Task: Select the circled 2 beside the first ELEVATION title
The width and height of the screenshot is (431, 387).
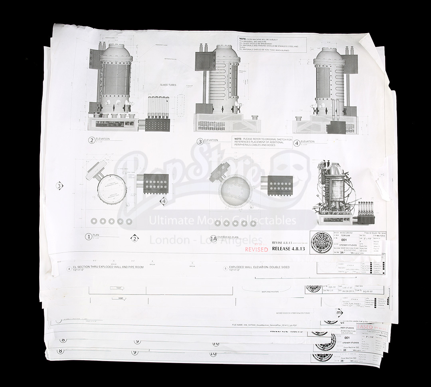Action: point(92,140)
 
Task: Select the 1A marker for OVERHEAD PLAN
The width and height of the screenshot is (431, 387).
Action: point(214,238)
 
